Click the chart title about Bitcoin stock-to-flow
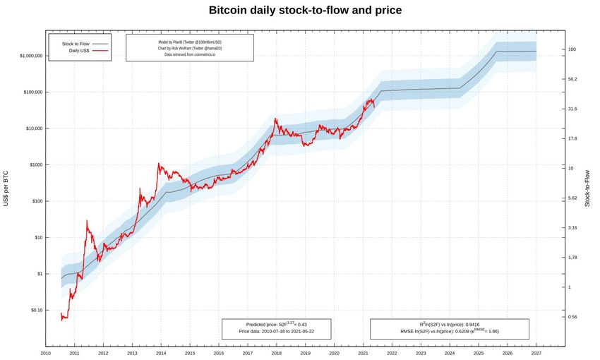coord(306,11)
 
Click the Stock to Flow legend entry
coord(79,44)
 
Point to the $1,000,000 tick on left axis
coord(25,56)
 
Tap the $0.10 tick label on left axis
coord(32,311)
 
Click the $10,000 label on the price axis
coord(29,128)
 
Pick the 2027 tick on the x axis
coord(536,353)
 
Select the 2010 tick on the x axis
coord(46,353)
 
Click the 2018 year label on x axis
coord(276,353)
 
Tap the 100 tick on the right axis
coord(572,49)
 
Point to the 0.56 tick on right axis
coord(573,317)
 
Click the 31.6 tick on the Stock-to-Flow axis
coord(573,109)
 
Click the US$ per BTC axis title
coord(6,188)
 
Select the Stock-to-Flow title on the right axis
coord(587,188)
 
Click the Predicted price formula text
coord(276,325)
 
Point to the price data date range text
coord(276,331)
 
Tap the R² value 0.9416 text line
coord(449,324)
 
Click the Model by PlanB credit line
coord(190,42)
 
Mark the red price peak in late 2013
coord(158,164)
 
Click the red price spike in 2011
coord(87,221)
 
